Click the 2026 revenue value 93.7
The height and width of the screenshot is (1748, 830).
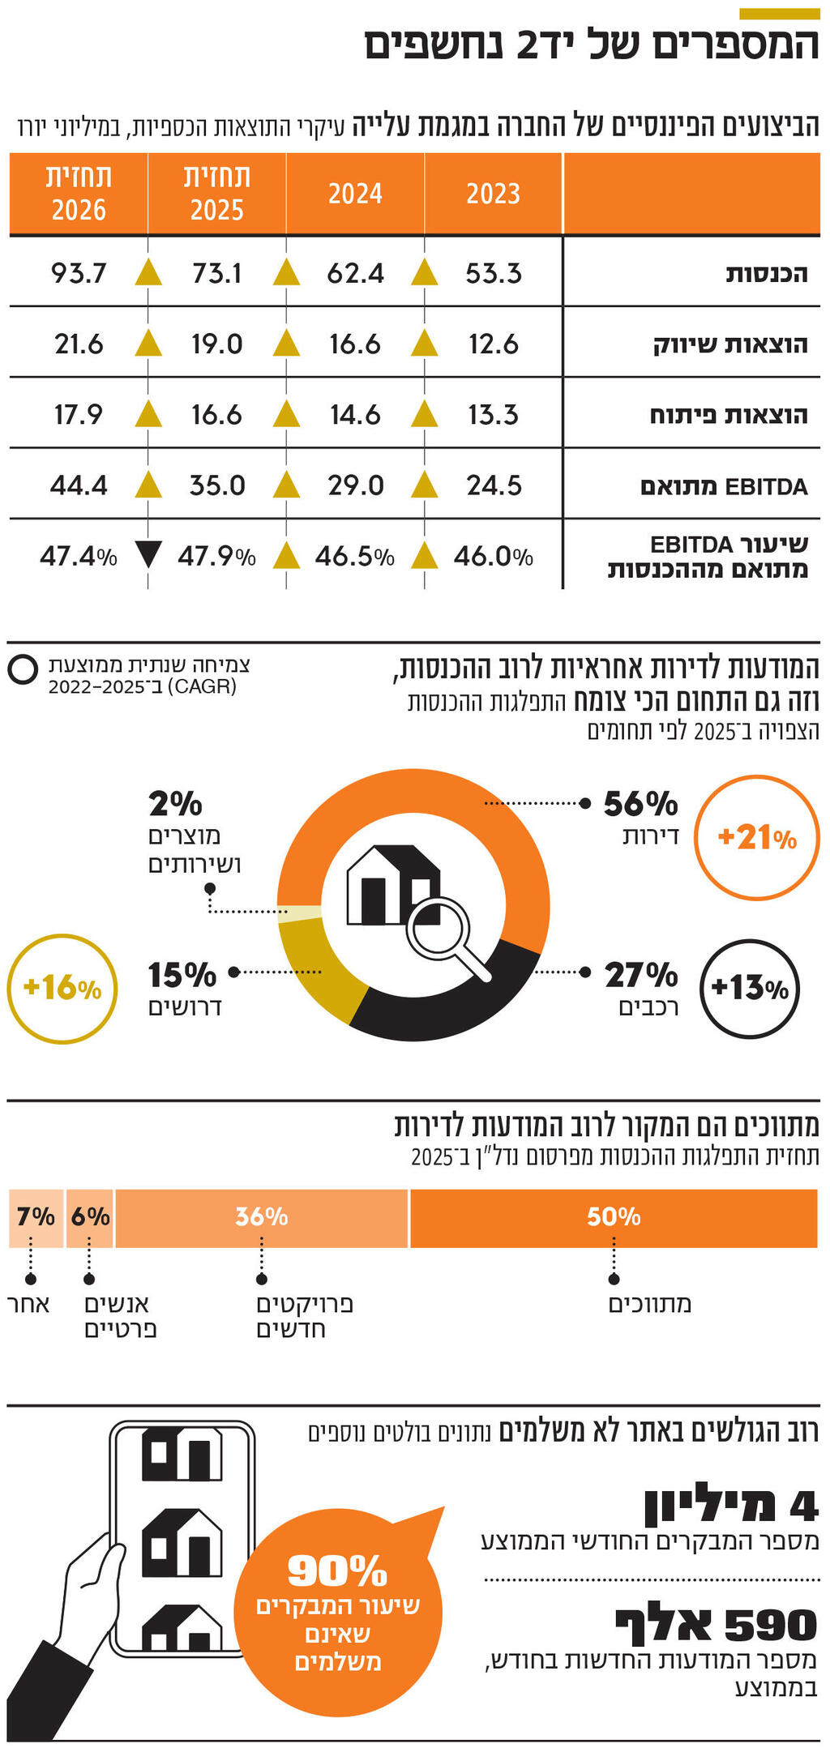(x=79, y=273)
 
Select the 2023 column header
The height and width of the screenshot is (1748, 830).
(x=493, y=194)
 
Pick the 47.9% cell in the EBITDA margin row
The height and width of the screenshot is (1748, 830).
(x=216, y=557)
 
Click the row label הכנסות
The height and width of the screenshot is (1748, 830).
(x=766, y=274)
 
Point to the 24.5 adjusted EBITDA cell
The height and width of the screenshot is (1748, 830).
(x=494, y=485)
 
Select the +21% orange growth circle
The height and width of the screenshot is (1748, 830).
(x=757, y=837)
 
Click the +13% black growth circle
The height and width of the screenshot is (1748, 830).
(x=749, y=988)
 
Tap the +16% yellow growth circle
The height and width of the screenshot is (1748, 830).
(x=62, y=988)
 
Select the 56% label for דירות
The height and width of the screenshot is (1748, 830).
(x=640, y=804)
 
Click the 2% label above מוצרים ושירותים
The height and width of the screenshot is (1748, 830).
(x=175, y=804)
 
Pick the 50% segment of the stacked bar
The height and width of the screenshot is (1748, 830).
(x=614, y=1217)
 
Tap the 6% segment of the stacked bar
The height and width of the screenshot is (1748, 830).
(x=90, y=1217)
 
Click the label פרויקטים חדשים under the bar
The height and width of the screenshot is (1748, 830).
(x=304, y=1316)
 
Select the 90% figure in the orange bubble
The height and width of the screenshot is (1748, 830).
(x=337, y=1571)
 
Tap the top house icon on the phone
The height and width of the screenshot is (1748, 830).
(x=182, y=1454)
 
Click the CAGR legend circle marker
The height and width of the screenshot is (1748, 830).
(x=23, y=670)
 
